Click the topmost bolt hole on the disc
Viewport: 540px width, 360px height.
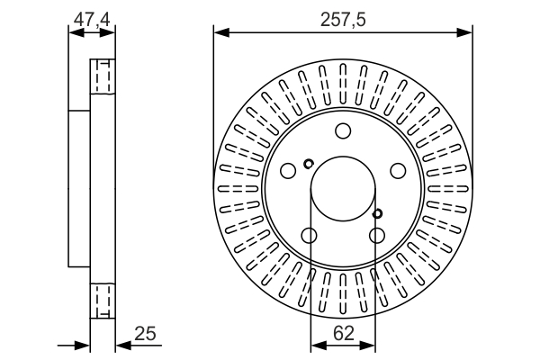[342, 131]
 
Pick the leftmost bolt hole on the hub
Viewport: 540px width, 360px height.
[288, 170]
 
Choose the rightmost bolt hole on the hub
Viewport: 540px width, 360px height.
[397, 170]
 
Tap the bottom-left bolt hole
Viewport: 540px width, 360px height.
[309, 236]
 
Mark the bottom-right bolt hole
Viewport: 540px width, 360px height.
[376, 236]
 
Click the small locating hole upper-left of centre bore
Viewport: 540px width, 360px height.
[309, 164]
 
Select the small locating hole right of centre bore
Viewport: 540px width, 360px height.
[377, 213]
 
